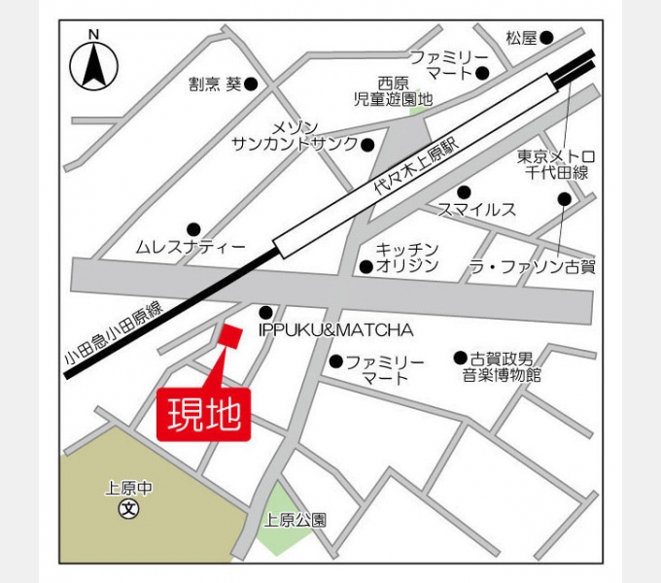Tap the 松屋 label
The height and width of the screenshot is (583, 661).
(521, 38)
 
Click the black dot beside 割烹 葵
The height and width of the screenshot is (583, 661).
(251, 85)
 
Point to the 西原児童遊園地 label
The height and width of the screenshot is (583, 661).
(393, 91)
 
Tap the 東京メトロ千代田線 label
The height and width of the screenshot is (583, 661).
(555, 164)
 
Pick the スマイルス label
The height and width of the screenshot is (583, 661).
(476, 209)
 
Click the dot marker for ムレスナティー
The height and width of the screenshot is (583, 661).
(193, 229)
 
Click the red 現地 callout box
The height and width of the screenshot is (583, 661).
(204, 416)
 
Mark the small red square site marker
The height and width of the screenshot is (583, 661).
(229, 336)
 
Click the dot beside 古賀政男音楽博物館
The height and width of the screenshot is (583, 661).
(460, 358)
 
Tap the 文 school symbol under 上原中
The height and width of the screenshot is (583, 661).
(126, 509)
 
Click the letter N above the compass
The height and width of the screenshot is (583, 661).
(93, 34)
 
